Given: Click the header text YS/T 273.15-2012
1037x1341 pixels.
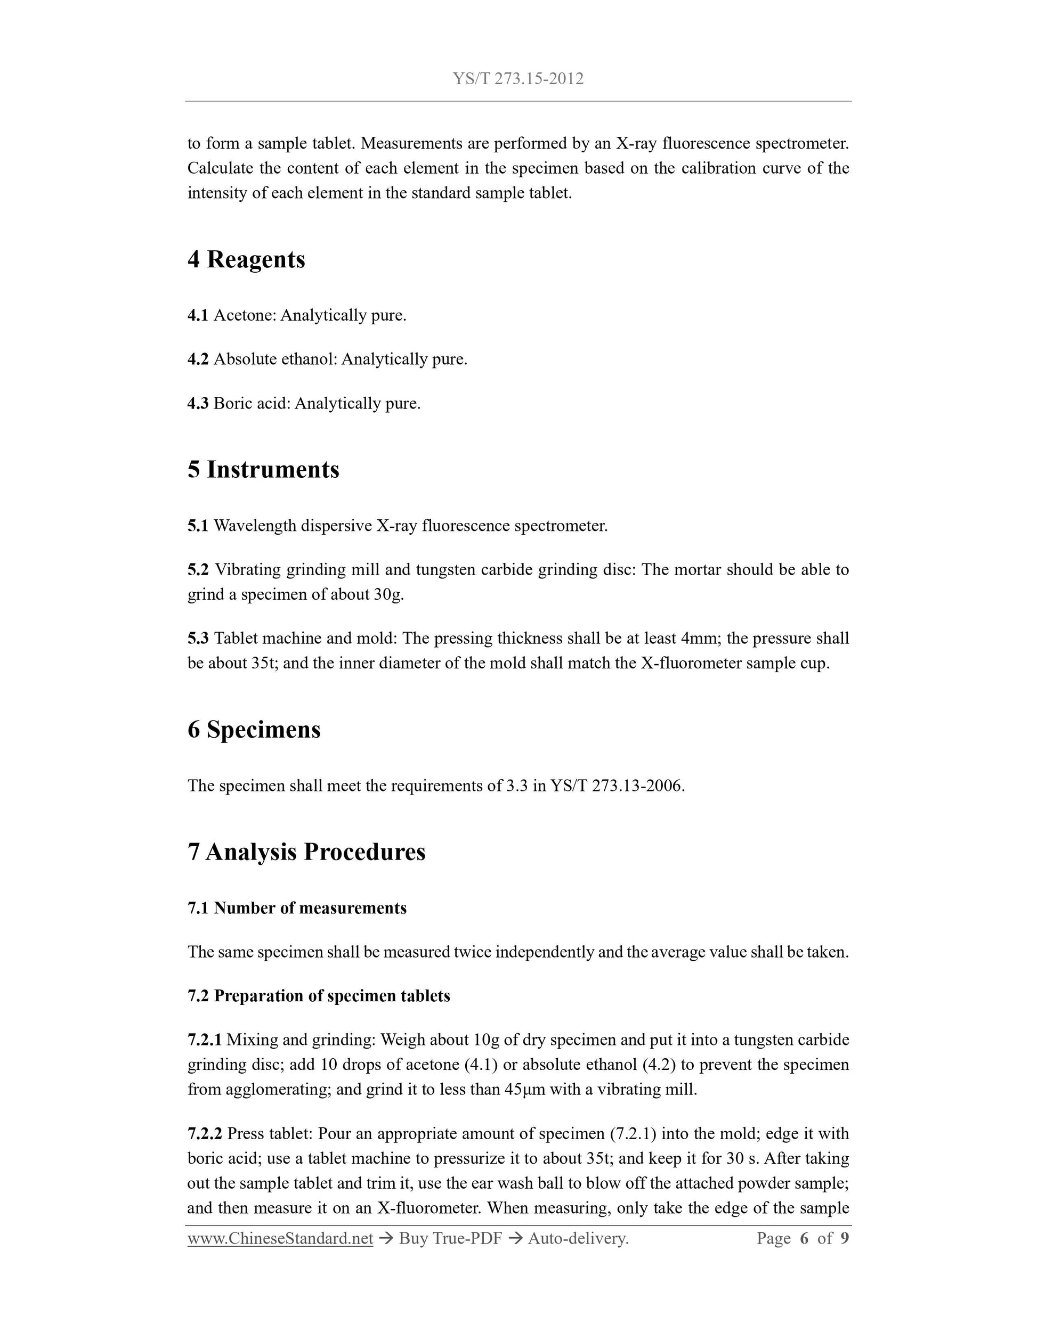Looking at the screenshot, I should point(518,79).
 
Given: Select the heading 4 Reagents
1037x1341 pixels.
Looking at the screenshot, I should point(246,259).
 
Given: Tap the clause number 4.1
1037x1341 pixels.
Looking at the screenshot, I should point(198,316).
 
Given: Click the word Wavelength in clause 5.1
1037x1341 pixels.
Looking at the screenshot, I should point(254,526).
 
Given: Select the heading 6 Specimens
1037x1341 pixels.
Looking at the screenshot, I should point(254,730).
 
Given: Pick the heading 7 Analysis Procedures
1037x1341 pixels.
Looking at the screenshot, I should point(306,852).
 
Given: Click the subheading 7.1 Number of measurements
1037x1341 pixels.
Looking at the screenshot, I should point(297,908).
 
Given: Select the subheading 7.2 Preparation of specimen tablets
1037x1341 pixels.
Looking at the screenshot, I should point(318,996).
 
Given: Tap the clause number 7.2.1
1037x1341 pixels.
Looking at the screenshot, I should point(204,1040).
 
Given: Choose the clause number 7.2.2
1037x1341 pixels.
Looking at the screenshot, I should point(205,1133).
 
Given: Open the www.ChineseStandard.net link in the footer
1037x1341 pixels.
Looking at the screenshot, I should point(280,1238).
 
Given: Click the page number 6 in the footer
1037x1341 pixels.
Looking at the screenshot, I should point(804,1238).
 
